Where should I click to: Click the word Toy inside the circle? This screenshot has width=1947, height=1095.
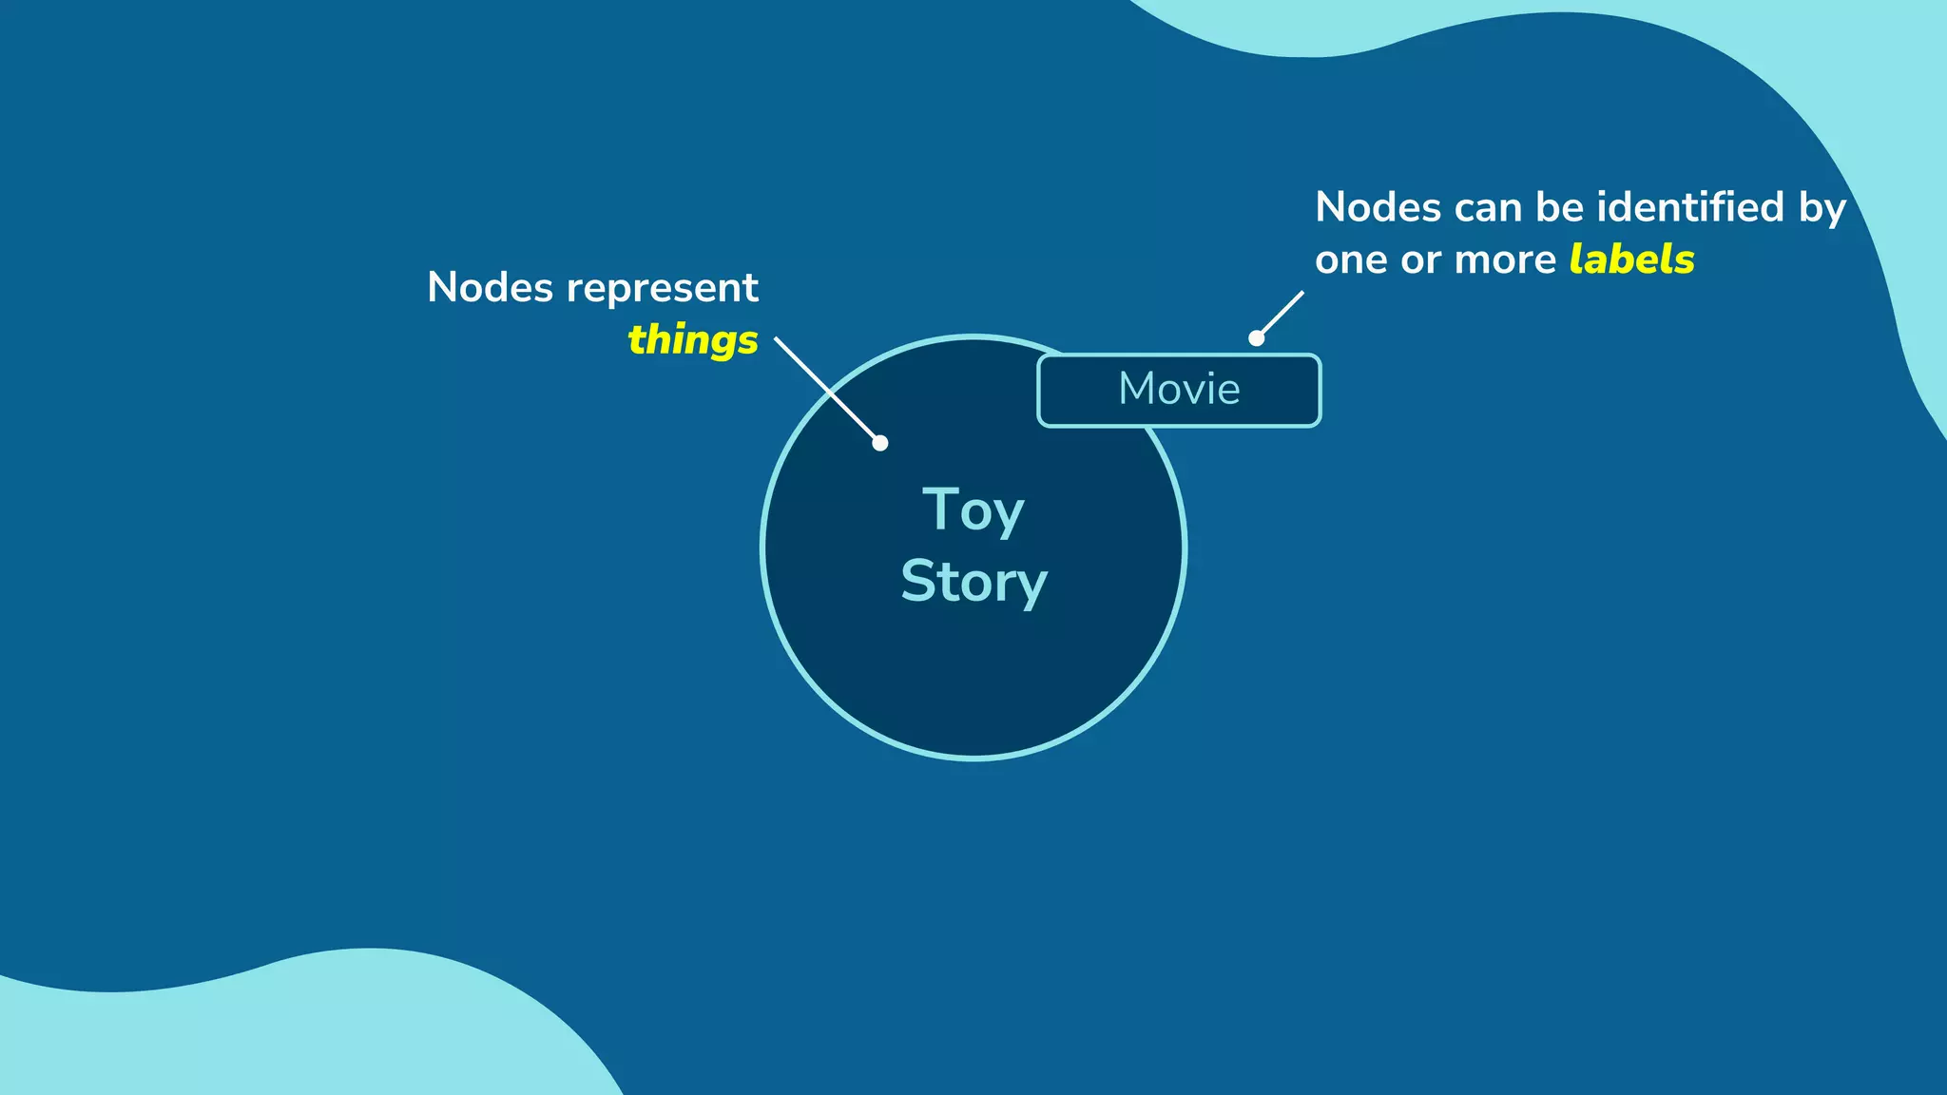(973, 510)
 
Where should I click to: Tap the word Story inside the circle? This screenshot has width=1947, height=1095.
(973, 581)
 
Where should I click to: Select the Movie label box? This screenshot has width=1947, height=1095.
(1179, 390)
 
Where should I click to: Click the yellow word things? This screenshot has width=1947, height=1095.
(692, 339)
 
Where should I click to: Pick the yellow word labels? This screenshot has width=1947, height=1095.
(1631, 259)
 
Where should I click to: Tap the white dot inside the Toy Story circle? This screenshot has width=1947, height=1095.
(880, 443)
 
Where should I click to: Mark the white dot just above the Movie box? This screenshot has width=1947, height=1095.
(1256, 338)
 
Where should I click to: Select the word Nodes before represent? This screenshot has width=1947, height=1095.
(490, 287)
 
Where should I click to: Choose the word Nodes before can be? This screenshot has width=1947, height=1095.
(1378, 207)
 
